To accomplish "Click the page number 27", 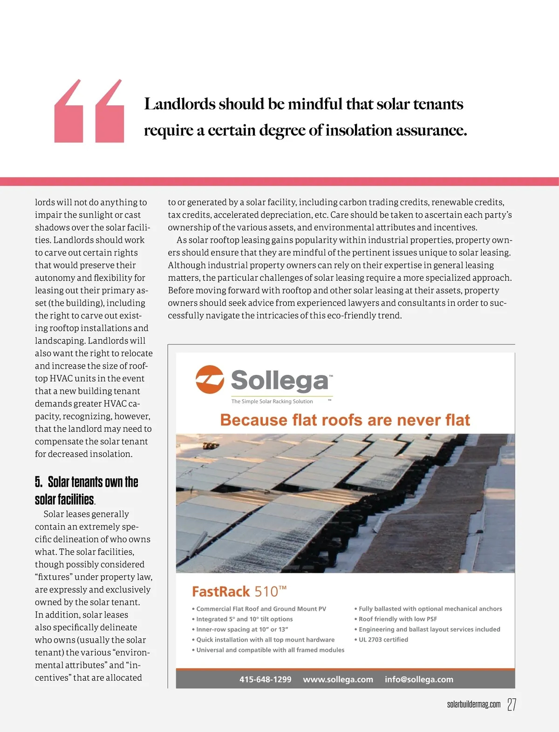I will point(511,704).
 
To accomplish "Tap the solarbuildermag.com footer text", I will point(473,704).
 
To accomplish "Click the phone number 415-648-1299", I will point(265,679).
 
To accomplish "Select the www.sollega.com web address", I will point(338,679).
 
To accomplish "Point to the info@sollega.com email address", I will point(419,679).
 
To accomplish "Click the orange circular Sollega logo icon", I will point(210,380).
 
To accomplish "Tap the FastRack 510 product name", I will point(239,592).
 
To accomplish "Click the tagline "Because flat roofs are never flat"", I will point(345,420).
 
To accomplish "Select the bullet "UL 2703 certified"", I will point(383,640).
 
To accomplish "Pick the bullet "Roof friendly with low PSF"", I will point(397,619).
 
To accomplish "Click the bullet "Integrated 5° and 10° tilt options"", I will point(244,619).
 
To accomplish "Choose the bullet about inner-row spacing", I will point(242,629).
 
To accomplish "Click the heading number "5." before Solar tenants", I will point(39,482).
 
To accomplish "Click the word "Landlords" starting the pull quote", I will point(179,104).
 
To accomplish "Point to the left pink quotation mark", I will point(68,112).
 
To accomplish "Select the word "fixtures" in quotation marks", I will point(54,577).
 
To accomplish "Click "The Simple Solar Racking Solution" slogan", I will point(272,401).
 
